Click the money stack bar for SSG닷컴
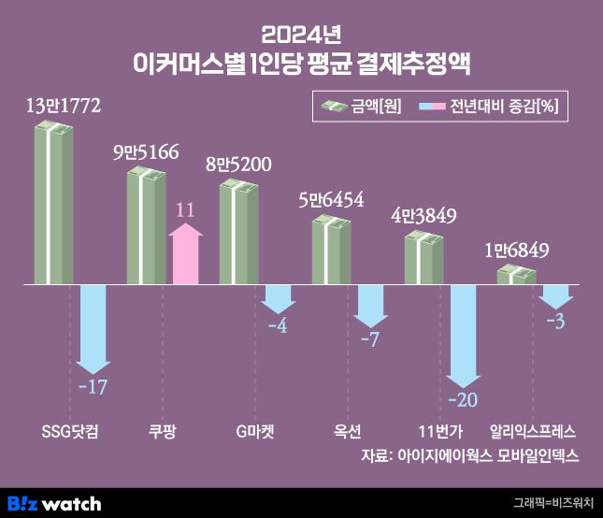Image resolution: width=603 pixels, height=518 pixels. pyautogui.click(x=53, y=203)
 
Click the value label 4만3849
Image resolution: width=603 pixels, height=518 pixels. pyautogui.click(x=424, y=216)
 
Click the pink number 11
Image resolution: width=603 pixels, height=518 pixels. pyautogui.click(x=185, y=210)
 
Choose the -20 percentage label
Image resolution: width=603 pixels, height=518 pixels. pyautogui.click(x=464, y=401)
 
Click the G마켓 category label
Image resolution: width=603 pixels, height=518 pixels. pyautogui.click(x=255, y=432)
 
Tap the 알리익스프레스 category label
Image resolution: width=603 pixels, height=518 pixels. pyautogui.click(x=533, y=432)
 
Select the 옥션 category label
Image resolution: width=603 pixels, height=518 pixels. pyautogui.click(x=348, y=432)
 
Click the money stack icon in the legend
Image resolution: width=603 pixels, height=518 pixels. pyautogui.click(x=334, y=106)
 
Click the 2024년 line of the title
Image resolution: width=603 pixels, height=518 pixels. pyautogui.click(x=301, y=35)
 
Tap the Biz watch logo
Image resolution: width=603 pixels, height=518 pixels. pyautogui.click(x=53, y=503)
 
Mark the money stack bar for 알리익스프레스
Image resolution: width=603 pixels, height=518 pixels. pyautogui.click(x=516, y=274)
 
